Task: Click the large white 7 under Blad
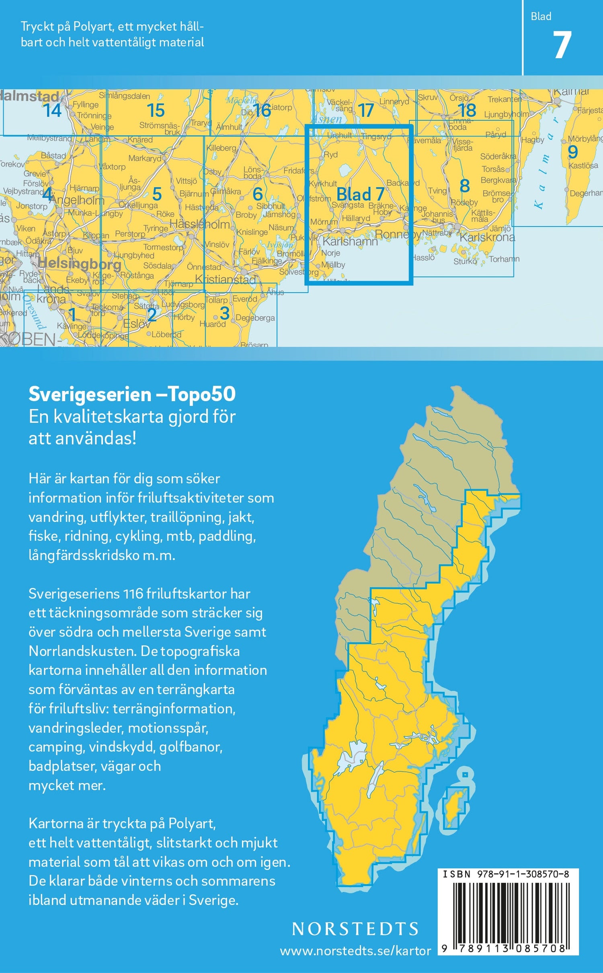pos(562,45)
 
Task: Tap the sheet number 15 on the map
pos(156,110)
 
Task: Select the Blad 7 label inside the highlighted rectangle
pos(360,194)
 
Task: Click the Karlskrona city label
pos(487,237)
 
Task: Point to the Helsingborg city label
pos(79,264)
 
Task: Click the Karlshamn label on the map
pos(350,241)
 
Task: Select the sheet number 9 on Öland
pos(572,152)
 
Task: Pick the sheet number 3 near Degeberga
pos(224,313)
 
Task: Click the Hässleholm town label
pos(200,224)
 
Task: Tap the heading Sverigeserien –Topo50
pos(132,394)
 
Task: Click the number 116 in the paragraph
pos(133,594)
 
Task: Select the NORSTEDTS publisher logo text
pos(355,929)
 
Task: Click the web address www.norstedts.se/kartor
pos(355,951)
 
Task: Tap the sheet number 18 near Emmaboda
pos(467,110)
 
